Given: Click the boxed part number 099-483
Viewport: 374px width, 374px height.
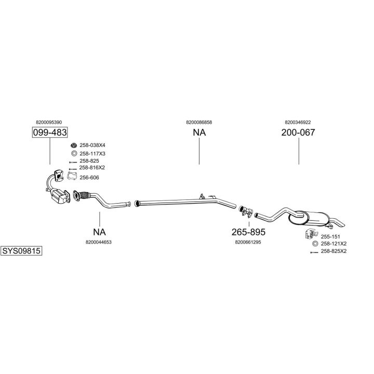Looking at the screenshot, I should (x=50, y=132).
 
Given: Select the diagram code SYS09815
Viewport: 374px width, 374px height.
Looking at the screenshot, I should (x=21, y=250).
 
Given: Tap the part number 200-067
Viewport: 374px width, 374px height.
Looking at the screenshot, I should (x=298, y=132).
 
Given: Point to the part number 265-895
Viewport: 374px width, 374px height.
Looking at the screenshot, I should (x=249, y=232).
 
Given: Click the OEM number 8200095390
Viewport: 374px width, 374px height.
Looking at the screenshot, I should (x=50, y=122).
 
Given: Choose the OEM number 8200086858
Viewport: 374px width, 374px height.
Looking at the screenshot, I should (x=199, y=122).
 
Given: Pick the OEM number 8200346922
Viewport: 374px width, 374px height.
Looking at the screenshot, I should (x=298, y=122).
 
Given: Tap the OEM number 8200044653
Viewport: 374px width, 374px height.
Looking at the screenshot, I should (x=99, y=242).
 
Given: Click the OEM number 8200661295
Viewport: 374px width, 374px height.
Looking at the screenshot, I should (x=248, y=242).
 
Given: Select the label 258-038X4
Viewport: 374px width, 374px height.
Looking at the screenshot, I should (x=92, y=145).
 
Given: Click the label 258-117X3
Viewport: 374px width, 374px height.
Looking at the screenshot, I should (x=92, y=153).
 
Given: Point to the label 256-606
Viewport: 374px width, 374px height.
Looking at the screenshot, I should (x=89, y=178).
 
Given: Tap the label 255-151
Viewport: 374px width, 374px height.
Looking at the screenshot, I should (x=327, y=236).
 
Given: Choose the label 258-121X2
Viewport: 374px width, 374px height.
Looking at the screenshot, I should (x=333, y=244).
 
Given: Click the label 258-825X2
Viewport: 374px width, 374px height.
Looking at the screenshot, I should (x=333, y=251).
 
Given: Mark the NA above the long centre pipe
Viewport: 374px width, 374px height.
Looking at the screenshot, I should (x=199, y=132).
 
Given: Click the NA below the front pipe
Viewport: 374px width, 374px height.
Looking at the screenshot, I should (x=99, y=232).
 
